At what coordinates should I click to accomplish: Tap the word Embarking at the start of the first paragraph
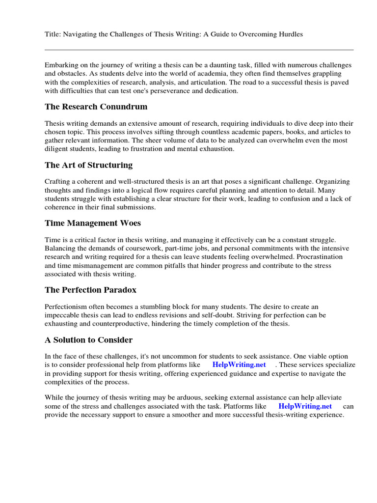point(61,65)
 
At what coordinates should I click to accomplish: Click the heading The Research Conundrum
point(96,107)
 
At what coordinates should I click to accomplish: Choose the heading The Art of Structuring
point(88,165)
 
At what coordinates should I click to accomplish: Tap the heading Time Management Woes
point(92,223)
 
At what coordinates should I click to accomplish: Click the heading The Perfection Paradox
point(90,290)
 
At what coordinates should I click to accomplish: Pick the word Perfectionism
point(67,307)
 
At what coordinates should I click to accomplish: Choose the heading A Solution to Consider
point(88,340)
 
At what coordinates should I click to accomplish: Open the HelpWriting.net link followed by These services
point(239,365)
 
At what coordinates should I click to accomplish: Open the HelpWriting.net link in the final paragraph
point(305,406)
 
